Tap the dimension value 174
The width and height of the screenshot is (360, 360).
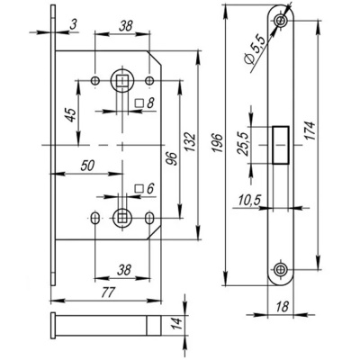[x=310, y=130]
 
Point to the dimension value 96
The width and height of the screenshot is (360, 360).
[x=171, y=159]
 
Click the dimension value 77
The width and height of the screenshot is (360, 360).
[x=108, y=292]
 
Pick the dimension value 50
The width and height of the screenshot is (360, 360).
[x=87, y=166]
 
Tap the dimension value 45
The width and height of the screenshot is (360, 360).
[x=71, y=114]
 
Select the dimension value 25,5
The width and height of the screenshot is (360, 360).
[x=243, y=143]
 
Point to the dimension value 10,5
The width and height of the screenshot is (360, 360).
[x=250, y=200]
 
